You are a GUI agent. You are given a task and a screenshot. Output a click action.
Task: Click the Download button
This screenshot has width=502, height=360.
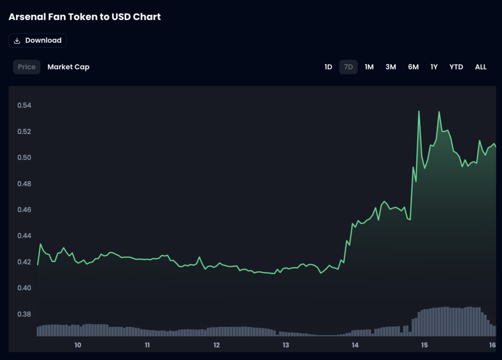click(x=38, y=41)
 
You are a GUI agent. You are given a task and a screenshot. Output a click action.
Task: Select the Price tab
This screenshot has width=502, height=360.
click(x=26, y=67)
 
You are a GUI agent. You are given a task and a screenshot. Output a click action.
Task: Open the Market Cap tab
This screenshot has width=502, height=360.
click(x=68, y=67)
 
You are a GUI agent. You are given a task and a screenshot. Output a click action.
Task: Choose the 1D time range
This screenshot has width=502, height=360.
click(x=328, y=67)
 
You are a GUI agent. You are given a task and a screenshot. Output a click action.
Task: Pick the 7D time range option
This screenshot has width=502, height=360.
click(x=348, y=67)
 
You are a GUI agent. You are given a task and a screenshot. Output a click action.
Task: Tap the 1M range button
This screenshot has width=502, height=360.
click(x=369, y=67)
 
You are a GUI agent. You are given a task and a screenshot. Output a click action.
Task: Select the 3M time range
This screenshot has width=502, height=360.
click(x=390, y=67)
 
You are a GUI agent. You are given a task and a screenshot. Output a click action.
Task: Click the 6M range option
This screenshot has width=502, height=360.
click(x=413, y=67)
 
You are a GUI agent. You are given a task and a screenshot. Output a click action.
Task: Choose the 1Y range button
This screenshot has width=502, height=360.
click(x=434, y=67)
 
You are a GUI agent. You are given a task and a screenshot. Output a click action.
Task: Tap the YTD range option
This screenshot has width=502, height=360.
click(x=456, y=67)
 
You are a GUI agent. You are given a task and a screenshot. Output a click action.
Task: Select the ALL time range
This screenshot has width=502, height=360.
click(x=480, y=67)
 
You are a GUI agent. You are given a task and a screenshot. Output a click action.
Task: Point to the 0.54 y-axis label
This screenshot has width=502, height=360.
click(x=24, y=105)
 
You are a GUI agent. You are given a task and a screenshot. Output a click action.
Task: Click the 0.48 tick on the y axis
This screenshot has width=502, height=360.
click(x=24, y=184)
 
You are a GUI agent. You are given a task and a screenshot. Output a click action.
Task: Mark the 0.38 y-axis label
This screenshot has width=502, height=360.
click(x=24, y=314)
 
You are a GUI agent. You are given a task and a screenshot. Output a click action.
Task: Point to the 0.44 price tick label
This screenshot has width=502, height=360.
click(x=24, y=236)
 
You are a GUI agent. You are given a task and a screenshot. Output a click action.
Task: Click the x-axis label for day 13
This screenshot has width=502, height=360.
click(x=286, y=345)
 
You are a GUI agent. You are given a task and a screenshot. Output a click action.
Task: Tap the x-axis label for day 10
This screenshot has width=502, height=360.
click(x=77, y=345)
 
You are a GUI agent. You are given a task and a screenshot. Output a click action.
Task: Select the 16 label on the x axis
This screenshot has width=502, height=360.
click(x=493, y=345)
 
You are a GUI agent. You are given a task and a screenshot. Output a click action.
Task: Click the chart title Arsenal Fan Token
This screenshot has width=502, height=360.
click(x=84, y=17)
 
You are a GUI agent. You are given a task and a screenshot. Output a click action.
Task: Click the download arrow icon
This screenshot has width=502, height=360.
click(x=17, y=41)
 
